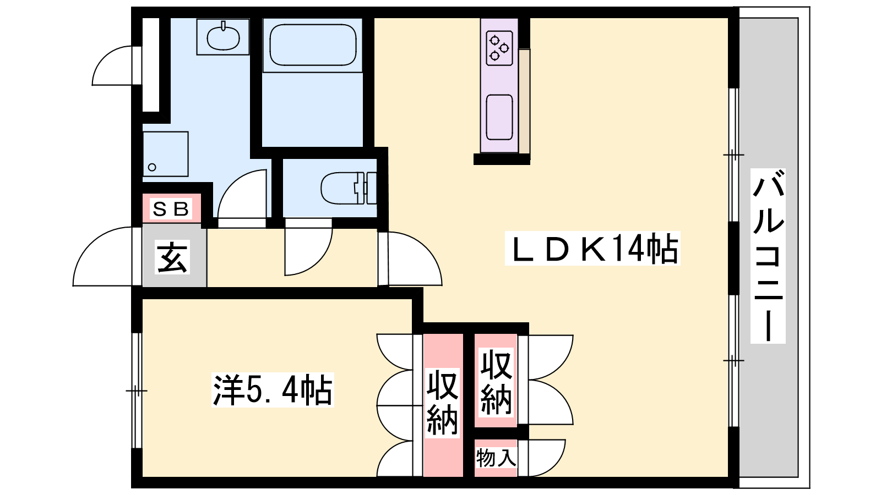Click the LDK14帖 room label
coord(592,248)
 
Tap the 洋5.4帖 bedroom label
coord(273,390)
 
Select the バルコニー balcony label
coord(768,256)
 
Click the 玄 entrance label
coord(172,257)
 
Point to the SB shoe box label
coord(171,208)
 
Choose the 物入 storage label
coord(496,458)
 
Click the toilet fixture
coord(349,188)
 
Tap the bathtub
coord(313,45)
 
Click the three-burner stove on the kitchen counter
coord(499,48)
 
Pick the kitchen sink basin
coord(499,118)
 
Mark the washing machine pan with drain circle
coord(165,154)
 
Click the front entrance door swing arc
coord(102,256)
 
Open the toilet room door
coord(309,251)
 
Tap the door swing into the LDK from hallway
coord(415,258)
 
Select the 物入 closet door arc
coord(547,458)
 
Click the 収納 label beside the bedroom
coord(443,403)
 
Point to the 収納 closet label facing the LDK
coord(496,382)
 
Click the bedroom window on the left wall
coord(137,391)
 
